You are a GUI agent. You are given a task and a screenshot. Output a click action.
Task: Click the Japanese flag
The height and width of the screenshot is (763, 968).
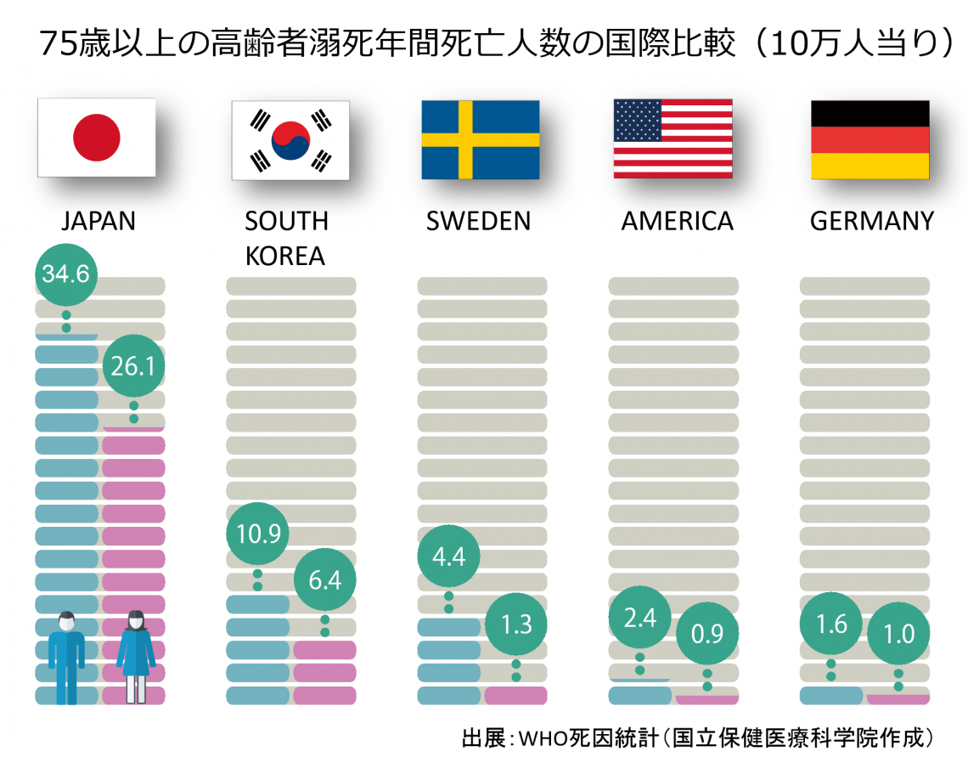97,138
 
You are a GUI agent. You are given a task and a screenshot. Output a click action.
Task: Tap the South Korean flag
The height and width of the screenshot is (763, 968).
290,140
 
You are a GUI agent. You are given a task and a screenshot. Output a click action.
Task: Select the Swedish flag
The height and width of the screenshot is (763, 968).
481,139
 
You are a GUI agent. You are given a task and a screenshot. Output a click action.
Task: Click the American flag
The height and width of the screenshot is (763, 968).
673,138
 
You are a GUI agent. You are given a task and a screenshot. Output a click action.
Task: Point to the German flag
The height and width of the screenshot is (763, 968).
870,139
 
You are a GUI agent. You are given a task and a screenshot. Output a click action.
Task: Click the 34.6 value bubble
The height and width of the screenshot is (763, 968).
66,274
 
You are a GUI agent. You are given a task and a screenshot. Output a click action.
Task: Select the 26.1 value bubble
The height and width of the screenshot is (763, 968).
133,366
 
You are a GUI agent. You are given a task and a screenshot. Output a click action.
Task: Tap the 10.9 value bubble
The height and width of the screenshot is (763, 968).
257,533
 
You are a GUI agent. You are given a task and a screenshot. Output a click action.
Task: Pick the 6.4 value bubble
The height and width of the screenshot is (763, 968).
325,579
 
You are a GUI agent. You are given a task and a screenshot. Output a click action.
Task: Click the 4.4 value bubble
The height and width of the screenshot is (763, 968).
449,557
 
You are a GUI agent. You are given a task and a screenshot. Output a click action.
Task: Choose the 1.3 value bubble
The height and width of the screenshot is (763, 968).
515,624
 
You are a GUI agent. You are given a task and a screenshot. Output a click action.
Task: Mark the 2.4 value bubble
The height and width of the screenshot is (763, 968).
639,618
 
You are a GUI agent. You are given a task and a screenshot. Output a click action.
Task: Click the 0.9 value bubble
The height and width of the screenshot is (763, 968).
706,634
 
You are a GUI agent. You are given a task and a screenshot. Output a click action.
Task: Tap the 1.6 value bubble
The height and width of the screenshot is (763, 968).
831,624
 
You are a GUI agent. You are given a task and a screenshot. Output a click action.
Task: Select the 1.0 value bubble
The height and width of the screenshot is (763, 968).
898,634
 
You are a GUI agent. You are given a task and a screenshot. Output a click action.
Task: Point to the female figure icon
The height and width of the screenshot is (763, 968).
135,655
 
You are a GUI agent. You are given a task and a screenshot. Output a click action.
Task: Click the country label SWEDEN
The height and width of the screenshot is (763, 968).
478,221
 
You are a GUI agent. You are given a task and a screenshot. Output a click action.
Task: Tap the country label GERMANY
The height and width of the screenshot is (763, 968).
871,221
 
